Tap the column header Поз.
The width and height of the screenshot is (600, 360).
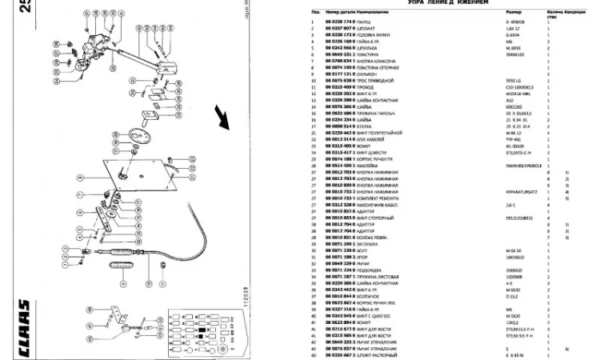tap(316, 13)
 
